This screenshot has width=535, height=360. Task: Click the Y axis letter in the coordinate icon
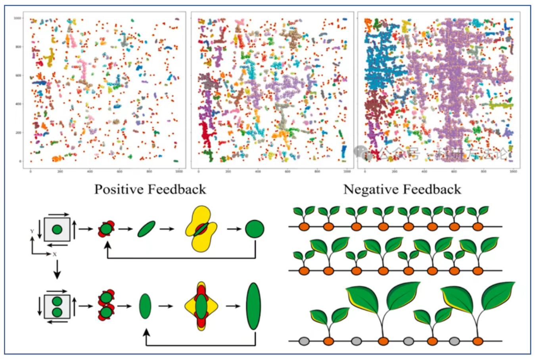coord(32,231)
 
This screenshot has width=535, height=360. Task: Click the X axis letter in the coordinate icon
coord(54,254)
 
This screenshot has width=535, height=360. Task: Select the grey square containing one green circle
coord(57,229)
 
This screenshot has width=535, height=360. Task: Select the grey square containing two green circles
coord(57,306)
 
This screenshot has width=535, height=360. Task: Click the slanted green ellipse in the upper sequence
coord(146,229)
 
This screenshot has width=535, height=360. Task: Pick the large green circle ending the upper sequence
coord(255,229)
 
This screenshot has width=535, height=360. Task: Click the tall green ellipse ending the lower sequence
coord(253,306)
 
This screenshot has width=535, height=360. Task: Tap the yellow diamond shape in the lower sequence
coord(201,306)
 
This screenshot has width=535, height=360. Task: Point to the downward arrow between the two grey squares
coord(57,270)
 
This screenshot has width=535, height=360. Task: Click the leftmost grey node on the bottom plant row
coord(304,341)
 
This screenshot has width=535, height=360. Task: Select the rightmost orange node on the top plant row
coord(478,227)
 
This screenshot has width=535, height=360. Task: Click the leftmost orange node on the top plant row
coord(304,227)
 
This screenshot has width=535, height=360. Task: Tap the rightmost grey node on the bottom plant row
coord(454,341)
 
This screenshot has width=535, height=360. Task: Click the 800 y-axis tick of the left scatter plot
coord(18,47)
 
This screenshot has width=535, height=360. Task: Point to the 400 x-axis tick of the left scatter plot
coord(90,171)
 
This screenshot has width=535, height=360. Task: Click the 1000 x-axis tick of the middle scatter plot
coord(347,171)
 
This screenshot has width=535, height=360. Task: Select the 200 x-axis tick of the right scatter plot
coord(395,171)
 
